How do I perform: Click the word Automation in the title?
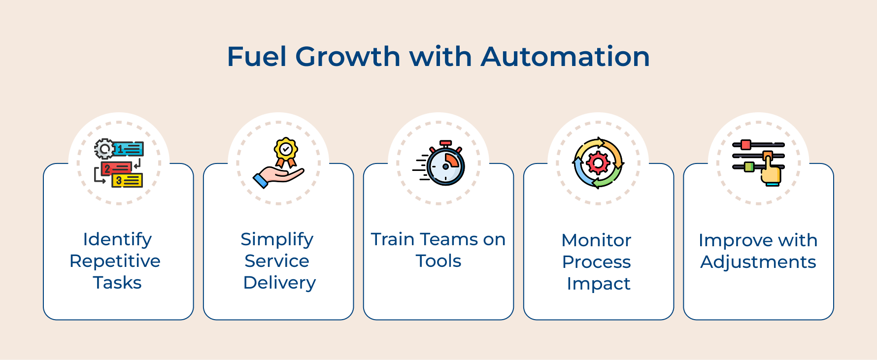pos(565,57)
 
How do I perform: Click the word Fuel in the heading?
pos(257,57)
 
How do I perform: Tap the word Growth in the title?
pos(348,57)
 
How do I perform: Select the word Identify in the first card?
pos(117,240)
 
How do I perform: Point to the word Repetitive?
pos(115,261)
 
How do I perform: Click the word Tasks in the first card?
pos(117,283)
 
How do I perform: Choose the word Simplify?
pos(277,240)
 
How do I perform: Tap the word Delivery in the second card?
pos(279,283)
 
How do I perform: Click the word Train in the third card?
pos(393,239)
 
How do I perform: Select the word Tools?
pos(438,261)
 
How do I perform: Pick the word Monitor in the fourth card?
pos(596,240)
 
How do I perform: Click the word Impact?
pos(599,284)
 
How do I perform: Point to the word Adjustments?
pos(758,262)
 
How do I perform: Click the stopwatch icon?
pos(439,163)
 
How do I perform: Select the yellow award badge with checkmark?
pos(286,149)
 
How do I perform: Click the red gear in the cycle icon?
pos(598,163)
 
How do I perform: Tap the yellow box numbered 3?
pos(127,181)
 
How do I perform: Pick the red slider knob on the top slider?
pos(745,145)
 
